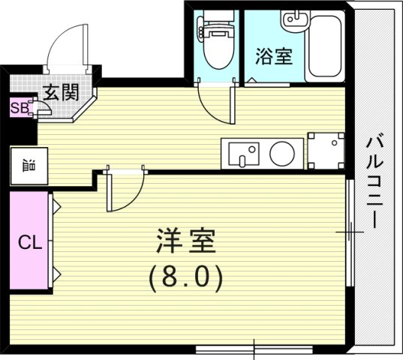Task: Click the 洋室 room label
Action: (187, 241)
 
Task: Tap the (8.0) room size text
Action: (186, 279)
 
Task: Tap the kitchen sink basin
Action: (242, 154)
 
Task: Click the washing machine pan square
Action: (326, 152)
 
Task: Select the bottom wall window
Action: (255, 349)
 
